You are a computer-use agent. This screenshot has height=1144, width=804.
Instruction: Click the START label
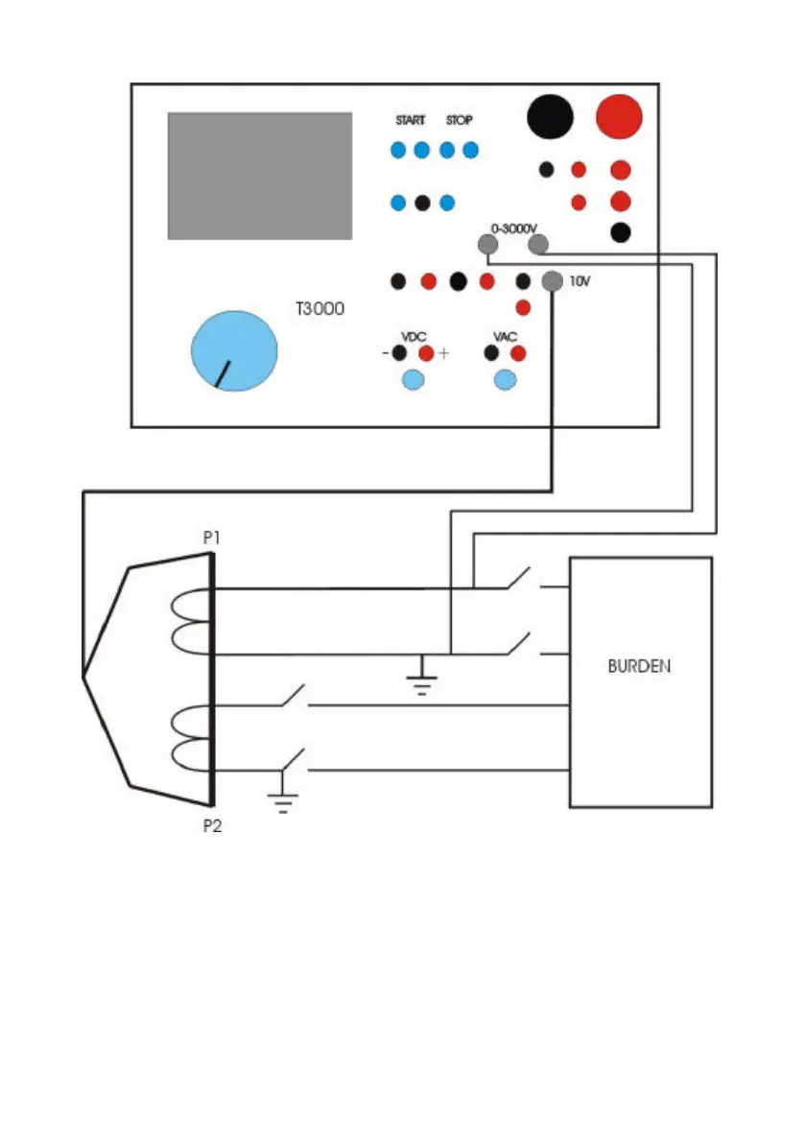click(410, 121)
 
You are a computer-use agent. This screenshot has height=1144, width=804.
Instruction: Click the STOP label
click(460, 121)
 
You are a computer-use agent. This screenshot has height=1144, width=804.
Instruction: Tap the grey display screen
click(259, 176)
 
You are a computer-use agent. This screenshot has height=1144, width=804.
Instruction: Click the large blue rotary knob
click(234, 350)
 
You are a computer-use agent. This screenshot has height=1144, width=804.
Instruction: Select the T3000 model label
click(319, 310)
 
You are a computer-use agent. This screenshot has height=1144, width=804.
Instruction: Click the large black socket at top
click(550, 117)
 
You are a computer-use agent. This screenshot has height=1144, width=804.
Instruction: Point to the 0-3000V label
click(514, 227)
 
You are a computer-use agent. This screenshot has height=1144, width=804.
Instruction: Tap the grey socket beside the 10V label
click(553, 281)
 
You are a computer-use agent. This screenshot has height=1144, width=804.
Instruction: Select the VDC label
click(414, 337)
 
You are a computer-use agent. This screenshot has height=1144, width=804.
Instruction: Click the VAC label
click(505, 337)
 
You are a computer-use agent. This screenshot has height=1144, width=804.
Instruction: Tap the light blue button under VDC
click(412, 380)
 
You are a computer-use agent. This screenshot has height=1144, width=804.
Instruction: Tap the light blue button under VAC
click(505, 380)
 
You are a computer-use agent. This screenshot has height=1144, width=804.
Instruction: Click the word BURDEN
click(640, 666)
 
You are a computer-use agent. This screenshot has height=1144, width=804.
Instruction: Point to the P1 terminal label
click(212, 538)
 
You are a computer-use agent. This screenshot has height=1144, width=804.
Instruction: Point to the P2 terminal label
click(212, 825)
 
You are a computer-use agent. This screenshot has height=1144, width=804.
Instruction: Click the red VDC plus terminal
click(427, 353)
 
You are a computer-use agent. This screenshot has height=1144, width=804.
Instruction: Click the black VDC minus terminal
click(400, 353)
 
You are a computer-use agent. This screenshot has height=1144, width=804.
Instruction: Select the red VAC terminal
click(518, 353)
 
